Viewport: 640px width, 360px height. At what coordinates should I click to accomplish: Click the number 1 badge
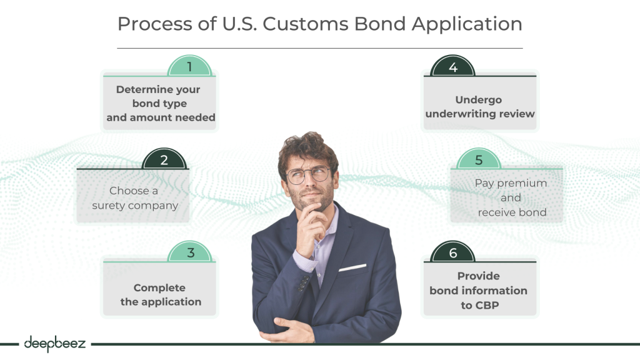189,66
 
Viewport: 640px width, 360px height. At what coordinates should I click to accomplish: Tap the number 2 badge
164,159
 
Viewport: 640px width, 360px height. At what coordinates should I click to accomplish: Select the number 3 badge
190,252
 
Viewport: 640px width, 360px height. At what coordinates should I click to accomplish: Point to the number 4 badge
452,66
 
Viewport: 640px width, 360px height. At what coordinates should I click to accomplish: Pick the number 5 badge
479,159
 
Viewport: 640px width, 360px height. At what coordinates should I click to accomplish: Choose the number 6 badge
452,252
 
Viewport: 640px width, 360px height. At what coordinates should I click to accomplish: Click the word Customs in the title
306,24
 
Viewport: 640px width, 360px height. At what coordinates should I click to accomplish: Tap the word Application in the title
467,24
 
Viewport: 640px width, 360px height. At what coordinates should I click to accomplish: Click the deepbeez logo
55,344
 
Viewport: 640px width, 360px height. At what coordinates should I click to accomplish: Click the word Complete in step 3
159,288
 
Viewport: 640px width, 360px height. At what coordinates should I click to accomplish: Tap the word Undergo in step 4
478,101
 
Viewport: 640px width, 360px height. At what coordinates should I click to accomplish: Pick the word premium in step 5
522,184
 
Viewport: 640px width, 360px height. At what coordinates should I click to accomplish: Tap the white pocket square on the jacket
352,267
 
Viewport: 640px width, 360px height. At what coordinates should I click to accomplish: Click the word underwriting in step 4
459,114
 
